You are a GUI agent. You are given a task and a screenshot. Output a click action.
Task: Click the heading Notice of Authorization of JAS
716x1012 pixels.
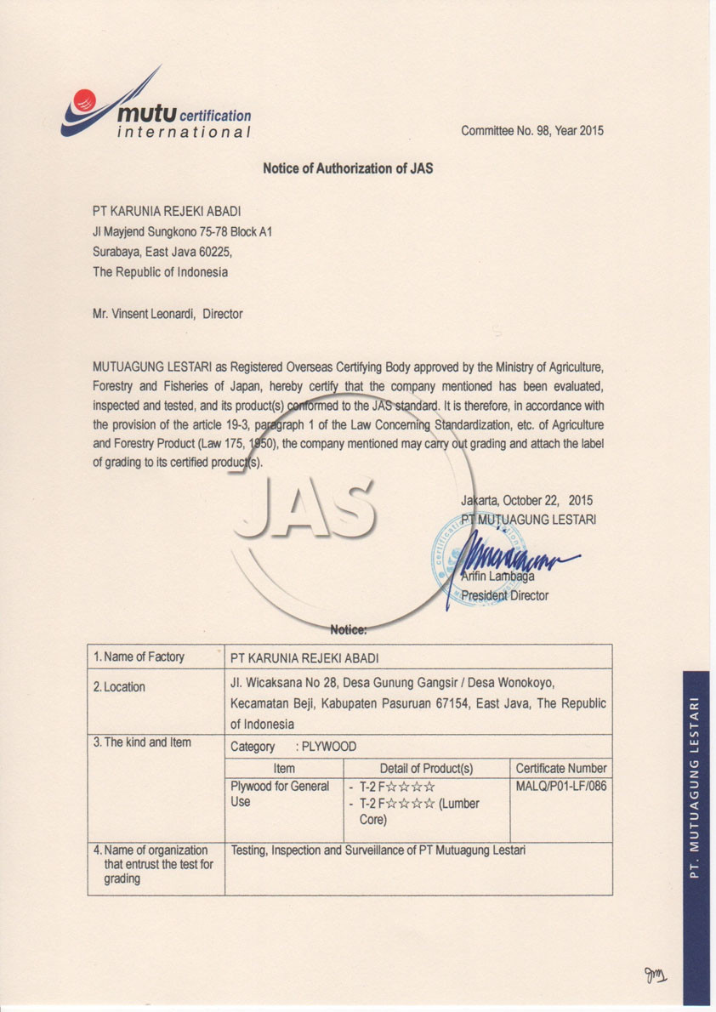click(x=348, y=168)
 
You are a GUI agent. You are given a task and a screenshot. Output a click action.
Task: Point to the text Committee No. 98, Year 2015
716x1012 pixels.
click(x=532, y=131)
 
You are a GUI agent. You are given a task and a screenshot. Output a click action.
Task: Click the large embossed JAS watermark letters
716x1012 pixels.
click(x=304, y=508)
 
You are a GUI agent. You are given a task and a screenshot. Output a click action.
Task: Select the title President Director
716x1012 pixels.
click(x=504, y=596)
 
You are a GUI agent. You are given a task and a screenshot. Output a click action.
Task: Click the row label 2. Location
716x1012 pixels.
click(x=119, y=687)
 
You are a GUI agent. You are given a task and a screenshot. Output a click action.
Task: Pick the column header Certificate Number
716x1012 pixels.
click(x=561, y=768)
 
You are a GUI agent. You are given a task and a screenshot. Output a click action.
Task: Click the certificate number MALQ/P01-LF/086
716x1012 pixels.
click(x=561, y=786)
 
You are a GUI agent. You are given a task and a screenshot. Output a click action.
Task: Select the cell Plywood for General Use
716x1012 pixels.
click(x=280, y=794)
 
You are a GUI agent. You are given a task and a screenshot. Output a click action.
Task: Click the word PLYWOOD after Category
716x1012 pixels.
click(x=329, y=747)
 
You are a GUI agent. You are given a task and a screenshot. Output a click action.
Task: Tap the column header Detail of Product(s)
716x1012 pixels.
click(x=426, y=768)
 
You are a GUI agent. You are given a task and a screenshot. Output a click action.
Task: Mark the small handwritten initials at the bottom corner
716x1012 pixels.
click(x=656, y=975)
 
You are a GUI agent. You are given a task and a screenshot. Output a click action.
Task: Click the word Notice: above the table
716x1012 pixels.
click(x=348, y=630)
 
